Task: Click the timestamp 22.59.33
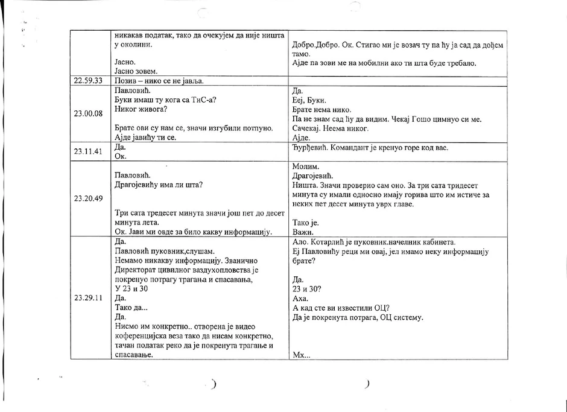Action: [88, 80]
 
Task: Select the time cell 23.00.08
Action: [88, 113]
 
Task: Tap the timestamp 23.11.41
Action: [88, 152]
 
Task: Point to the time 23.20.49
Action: [88, 198]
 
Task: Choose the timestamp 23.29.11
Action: [88, 297]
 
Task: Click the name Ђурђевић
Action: [309, 148]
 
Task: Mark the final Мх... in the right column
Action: [300, 355]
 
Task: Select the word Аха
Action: [299, 299]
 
